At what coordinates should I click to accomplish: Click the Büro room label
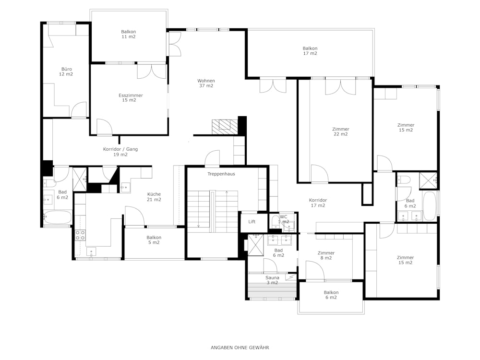tap(66, 72)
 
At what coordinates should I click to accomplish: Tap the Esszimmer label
tap(131, 97)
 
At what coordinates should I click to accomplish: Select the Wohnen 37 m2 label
tap(206, 83)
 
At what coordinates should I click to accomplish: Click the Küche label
tap(154, 194)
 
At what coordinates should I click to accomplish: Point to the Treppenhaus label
tap(221, 174)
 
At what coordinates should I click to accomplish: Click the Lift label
tap(252, 222)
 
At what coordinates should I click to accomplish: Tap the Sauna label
tap(272, 277)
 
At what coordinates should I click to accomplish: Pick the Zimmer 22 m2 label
tap(341, 132)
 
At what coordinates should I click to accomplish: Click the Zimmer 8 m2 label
tap(326, 255)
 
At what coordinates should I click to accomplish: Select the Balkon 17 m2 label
tap(310, 51)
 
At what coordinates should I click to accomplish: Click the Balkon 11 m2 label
tap(128, 34)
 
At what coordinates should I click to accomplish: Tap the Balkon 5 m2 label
tap(154, 240)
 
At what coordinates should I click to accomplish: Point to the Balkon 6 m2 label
tap(331, 295)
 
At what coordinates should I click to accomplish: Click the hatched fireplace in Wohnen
tap(225, 127)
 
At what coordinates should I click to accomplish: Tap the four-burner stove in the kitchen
tap(80, 235)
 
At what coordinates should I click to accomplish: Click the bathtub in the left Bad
tap(58, 217)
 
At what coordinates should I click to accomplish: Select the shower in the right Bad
tap(428, 181)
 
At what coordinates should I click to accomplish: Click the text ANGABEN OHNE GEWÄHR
tap(240, 348)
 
